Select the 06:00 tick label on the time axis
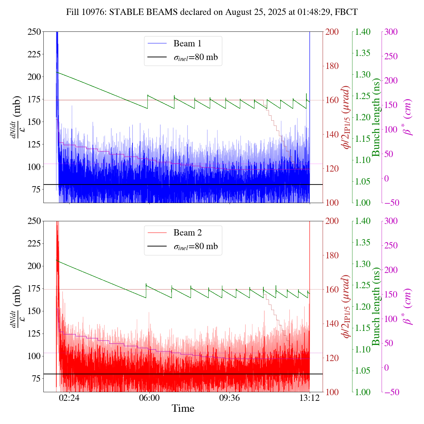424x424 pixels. pyautogui.click(x=149, y=397)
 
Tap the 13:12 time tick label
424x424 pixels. pyautogui.click(x=309, y=397)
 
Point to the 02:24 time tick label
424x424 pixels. pyautogui.click(x=69, y=397)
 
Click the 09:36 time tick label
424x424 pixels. pyautogui.click(x=230, y=397)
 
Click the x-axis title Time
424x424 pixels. pyautogui.click(x=183, y=408)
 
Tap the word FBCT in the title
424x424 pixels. pyautogui.click(x=346, y=12)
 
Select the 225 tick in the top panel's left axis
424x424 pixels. pyautogui.click(x=34, y=54)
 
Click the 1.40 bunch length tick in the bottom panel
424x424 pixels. pyautogui.click(x=363, y=221)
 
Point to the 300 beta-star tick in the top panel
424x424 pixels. pyautogui.click(x=391, y=32)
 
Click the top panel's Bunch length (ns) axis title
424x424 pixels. pyautogui.click(x=376, y=117)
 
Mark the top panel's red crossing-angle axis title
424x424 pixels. pyautogui.click(x=346, y=117)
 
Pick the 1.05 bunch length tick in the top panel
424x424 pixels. pyautogui.click(x=363, y=182)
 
